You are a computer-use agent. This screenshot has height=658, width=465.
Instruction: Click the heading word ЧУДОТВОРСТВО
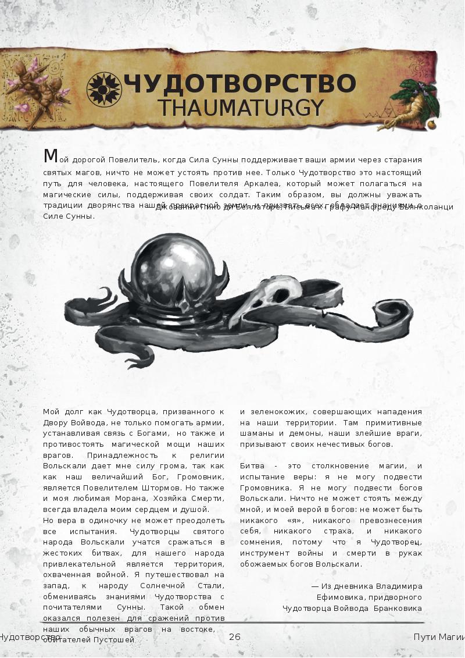tap(239, 84)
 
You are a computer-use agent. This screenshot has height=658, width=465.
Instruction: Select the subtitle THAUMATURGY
tap(241, 108)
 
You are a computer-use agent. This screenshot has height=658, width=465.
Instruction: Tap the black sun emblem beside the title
tap(103, 89)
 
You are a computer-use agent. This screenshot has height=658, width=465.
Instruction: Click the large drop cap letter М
tap(51, 156)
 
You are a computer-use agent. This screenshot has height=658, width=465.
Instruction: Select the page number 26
tap(235, 636)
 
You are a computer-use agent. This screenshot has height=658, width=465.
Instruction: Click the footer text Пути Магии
tap(438, 636)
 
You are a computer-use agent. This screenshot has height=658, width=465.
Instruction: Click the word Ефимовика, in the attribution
tap(340, 597)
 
